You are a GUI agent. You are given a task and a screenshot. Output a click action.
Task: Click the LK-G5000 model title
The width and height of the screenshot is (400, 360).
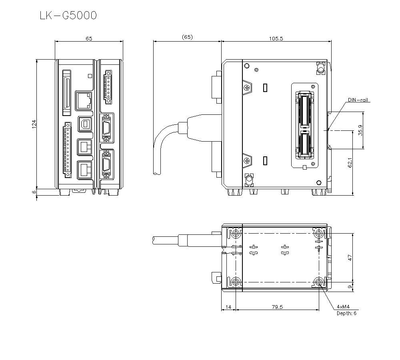point(68,16)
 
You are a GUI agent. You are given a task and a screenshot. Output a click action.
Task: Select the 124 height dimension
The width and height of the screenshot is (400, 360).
point(34,124)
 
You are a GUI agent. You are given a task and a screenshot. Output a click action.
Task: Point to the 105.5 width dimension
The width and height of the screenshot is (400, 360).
point(276,38)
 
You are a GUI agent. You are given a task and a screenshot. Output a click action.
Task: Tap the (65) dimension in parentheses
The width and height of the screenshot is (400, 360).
point(187,37)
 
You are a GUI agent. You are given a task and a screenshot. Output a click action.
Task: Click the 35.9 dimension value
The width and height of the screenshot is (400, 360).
point(360,130)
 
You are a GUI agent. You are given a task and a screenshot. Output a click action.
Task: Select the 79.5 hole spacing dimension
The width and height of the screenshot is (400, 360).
point(277,307)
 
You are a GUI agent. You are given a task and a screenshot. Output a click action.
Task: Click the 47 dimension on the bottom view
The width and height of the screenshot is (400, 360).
point(350,258)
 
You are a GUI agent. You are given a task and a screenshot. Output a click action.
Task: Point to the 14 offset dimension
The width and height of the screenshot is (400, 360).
point(228,307)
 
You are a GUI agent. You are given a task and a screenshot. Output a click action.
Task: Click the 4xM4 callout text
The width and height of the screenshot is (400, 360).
point(343,306)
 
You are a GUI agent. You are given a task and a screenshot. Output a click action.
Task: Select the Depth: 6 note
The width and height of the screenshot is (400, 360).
point(346,313)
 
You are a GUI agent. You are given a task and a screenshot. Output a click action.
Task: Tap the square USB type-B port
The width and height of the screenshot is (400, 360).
point(84,124)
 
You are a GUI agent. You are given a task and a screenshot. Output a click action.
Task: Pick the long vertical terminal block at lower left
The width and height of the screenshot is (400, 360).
point(67,151)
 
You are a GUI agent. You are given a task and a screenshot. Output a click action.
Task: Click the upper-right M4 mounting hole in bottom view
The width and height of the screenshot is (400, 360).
point(319,233)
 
